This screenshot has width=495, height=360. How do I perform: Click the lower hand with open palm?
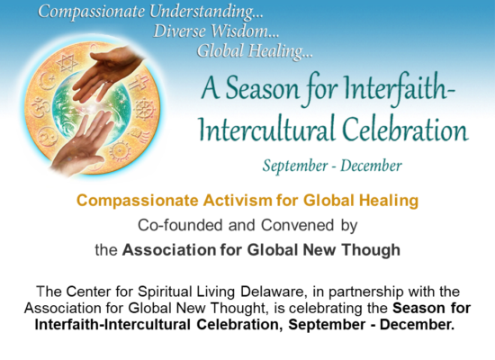[85, 144]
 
